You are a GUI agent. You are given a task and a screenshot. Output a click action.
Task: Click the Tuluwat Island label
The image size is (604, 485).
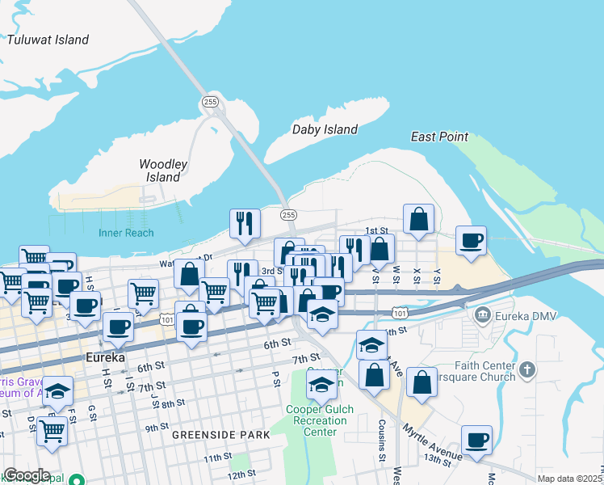[48, 40]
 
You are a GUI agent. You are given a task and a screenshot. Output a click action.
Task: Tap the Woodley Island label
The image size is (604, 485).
[163, 171]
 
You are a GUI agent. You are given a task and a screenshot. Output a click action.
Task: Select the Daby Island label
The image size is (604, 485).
[325, 129]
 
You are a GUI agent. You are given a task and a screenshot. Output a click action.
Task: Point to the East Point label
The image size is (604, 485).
[439, 137]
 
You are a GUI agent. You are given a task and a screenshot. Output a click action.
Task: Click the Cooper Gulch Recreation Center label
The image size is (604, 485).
[320, 420]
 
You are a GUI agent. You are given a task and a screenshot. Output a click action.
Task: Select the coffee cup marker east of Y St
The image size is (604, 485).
[471, 239]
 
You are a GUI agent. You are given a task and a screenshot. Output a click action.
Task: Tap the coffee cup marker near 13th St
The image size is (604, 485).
[476, 440]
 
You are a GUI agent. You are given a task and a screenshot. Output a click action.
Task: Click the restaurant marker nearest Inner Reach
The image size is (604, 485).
[245, 223]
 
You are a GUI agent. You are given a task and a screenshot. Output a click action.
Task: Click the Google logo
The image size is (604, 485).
[27, 475]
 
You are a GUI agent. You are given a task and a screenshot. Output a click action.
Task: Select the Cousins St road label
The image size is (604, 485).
[382, 441]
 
